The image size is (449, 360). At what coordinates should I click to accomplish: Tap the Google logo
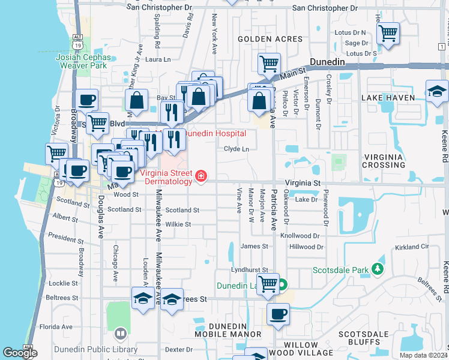pyautogui.click(x=20, y=353)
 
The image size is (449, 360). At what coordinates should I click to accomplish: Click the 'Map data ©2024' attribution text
pyautogui.click(x=423, y=355)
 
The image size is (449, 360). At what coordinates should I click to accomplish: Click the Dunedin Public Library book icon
pyautogui.click(x=121, y=333)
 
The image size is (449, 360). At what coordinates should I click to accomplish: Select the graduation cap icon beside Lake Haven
pyautogui.click(x=437, y=91)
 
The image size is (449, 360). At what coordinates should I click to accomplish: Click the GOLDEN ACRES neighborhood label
pyautogui.click(x=270, y=39)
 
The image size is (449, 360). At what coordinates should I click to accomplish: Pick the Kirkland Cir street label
pyautogui.click(x=412, y=247)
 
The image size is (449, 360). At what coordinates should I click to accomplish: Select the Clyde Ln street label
pyautogui.click(x=237, y=149)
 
